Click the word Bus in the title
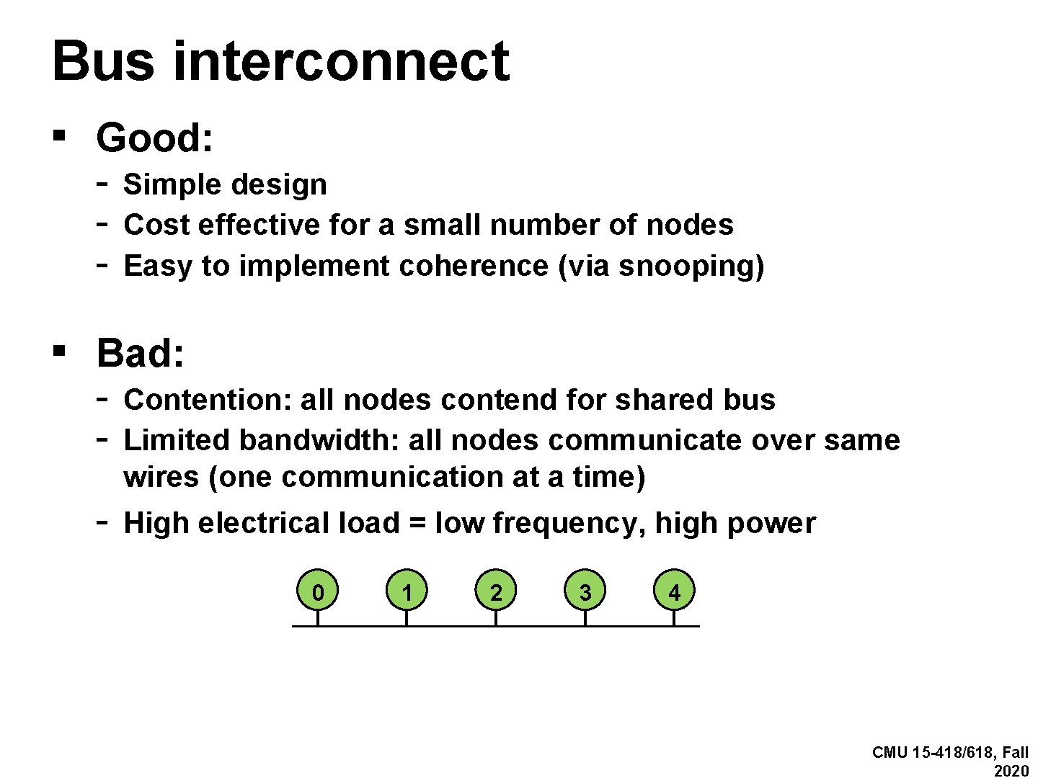pos(103,61)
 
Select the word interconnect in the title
pos(341,61)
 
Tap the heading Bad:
pos(141,353)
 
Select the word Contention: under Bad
pos(206,400)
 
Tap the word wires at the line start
pos(161,477)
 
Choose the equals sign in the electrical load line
pos(417,524)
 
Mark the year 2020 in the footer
pos(1011,771)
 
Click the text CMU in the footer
pos(890,753)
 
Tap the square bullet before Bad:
pos(60,351)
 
